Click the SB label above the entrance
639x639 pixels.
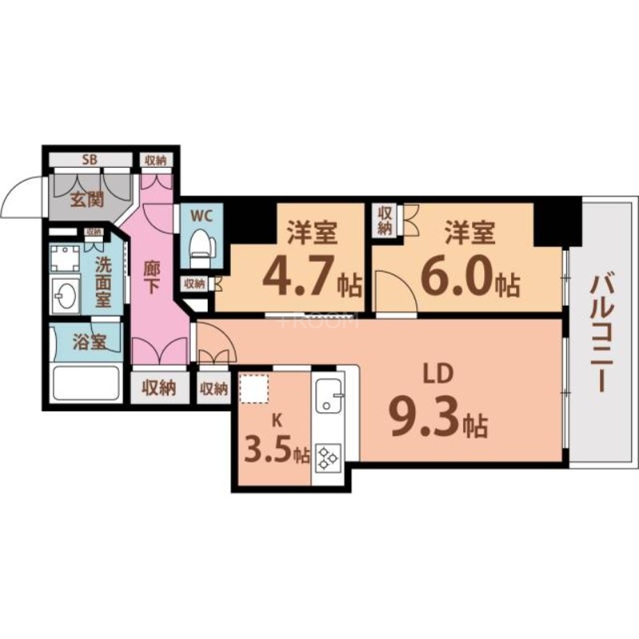89,160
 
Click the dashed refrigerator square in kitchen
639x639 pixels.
255,391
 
